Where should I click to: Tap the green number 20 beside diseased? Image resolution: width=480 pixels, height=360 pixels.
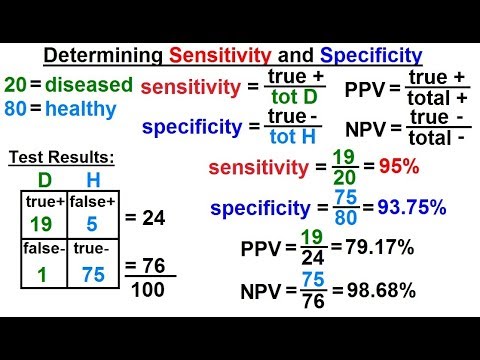click(15, 84)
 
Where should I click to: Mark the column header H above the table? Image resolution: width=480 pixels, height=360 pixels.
click(92, 182)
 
